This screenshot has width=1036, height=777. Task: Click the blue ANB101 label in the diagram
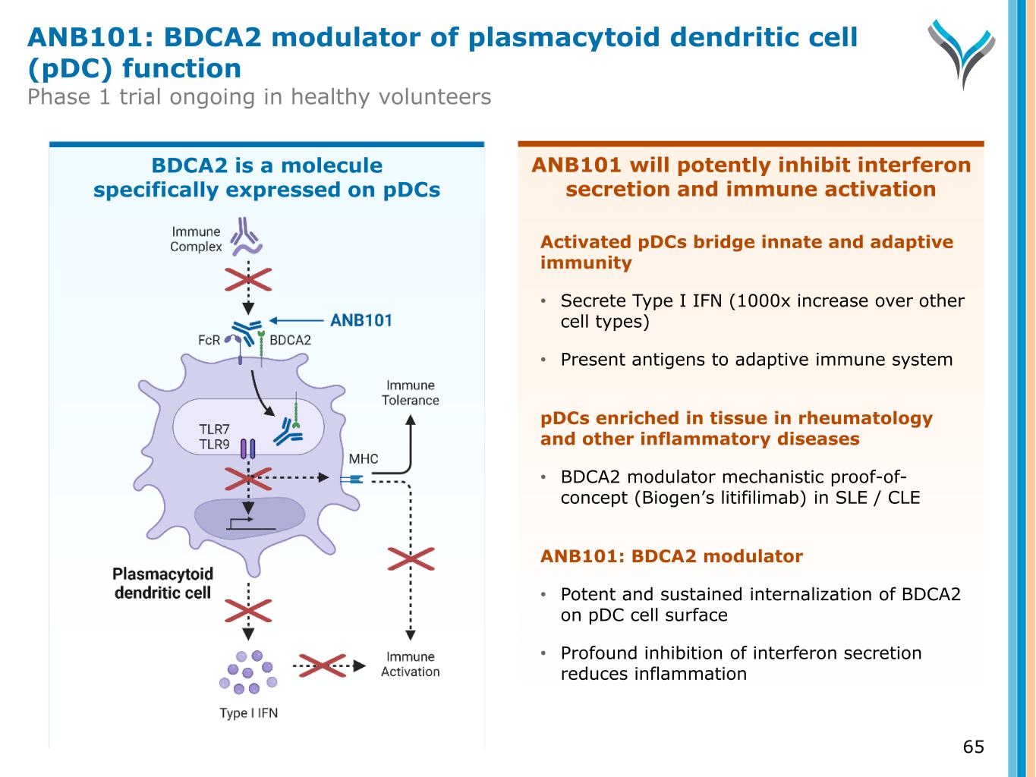point(361,320)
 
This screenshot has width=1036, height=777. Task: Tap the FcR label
point(209,341)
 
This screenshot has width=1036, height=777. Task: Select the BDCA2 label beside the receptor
point(291,341)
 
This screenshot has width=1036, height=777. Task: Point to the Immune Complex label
point(196,239)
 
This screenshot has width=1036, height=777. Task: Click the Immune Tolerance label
point(410,393)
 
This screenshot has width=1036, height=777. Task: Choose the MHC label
point(363,459)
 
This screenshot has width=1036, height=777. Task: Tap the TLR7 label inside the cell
point(214,429)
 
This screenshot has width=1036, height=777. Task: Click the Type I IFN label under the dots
point(248,713)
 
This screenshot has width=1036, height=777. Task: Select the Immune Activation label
point(410,664)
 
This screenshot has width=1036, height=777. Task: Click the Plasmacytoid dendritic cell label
point(162,584)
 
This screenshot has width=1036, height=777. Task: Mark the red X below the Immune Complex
point(247,280)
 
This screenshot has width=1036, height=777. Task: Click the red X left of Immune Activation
point(321,665)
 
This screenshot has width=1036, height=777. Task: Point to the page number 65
point(973,747)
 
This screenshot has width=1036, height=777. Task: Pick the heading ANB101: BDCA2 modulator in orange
point(671,556)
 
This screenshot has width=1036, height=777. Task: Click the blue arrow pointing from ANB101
point(297,320)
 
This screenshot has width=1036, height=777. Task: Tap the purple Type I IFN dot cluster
point(248,672)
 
